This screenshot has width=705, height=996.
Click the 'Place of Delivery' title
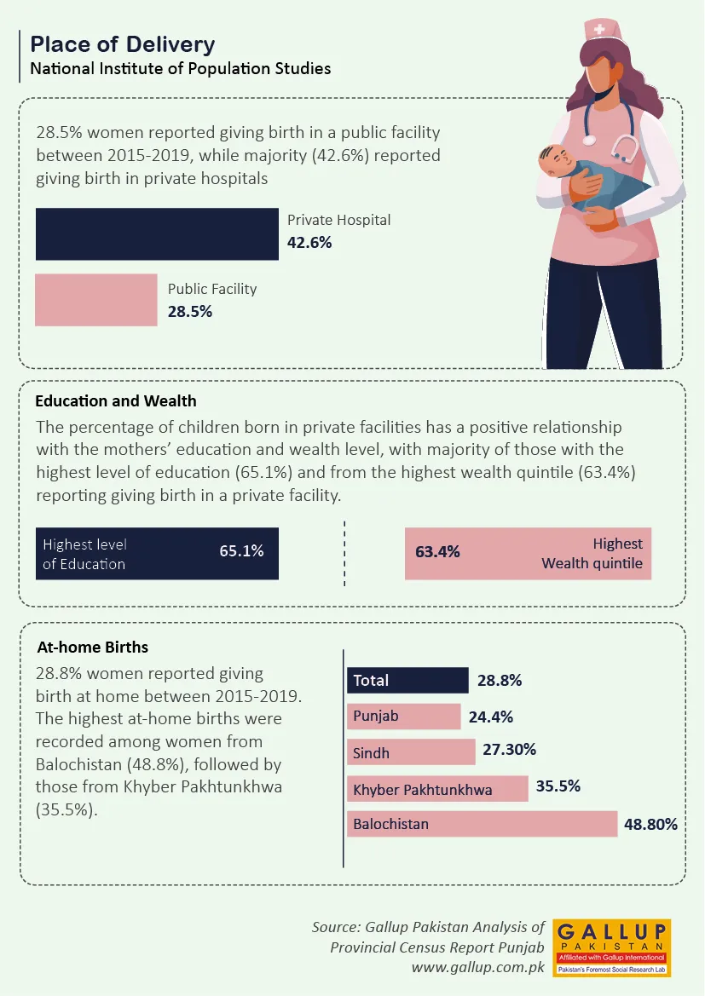click(x=123, y=44)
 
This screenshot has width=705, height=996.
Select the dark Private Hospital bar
click(x=157, y=233)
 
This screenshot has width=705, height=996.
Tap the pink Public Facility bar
click(x=96, y=300)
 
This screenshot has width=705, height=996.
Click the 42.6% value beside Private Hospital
click(x=309, y=242)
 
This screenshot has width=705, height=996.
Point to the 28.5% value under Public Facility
click(x=190, y=312)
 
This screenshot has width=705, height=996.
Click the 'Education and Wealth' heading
click(x=116, y=400)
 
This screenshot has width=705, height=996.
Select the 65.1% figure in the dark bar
click(x=241, y=551)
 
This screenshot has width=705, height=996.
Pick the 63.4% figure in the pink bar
click(x=437, y=552)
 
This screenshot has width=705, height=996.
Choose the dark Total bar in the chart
click(x=407, y=680)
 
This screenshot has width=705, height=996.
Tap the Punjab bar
click(x=404, y=717)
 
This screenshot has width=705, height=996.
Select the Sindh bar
click(x=411, y=752)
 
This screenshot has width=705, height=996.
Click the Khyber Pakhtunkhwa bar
click(x=438, y=789)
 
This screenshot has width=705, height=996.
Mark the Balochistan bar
click(x=483, y=824)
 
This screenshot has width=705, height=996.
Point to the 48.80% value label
click(x=650, y=824)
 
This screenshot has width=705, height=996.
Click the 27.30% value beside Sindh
click(x=509, y=750)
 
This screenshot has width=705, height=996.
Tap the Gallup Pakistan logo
click(x=611, y=947)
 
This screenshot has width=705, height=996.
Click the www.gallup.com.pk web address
click(x=477, y=966)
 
